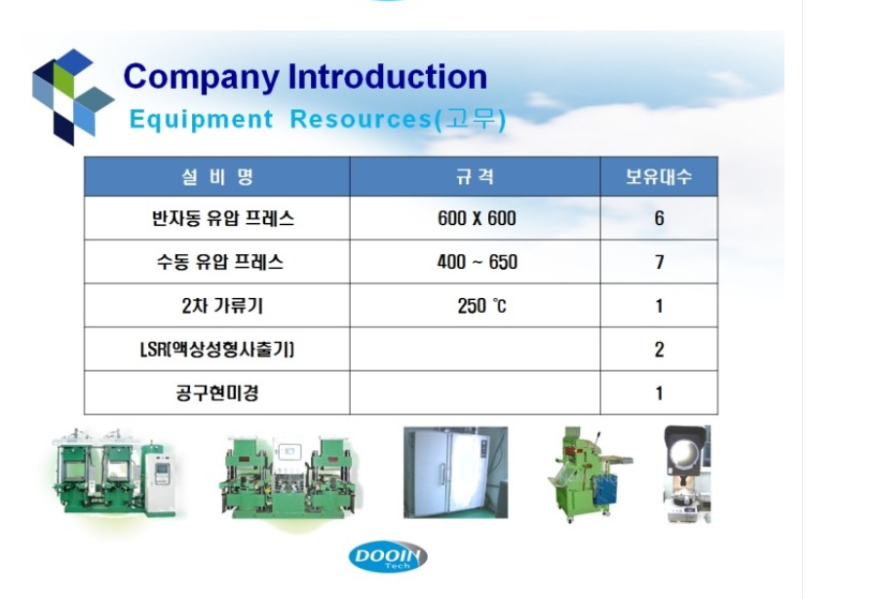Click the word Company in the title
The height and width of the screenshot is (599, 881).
(x=201, y=78)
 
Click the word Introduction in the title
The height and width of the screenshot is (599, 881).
(x=388, y=76)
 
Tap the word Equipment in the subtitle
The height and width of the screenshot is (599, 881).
(x=201, y=120)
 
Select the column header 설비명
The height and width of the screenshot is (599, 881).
(x=217, y=177)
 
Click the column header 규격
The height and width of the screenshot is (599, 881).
(x=476, y=177)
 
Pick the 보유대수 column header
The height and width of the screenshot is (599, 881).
(x=659, y=177)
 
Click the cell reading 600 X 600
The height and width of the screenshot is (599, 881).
(x=477, y=218)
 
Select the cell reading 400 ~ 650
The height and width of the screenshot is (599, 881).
(x=477, y=262)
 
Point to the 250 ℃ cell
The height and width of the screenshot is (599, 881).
(x=481, y=306)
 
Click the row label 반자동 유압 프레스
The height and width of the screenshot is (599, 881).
(x=222, y=218)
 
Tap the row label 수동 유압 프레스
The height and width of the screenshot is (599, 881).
(x=219, y=262)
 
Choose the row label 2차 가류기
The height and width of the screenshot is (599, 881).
(x=222, y=306)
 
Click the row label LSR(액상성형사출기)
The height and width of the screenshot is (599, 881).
(x=217, y=350)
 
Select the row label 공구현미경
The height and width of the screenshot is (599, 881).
(x=217, y=393)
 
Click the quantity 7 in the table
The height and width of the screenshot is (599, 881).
(x=659, y=262)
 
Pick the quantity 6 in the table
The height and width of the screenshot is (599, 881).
(x=659, y=218)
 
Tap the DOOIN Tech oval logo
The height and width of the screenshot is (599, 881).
(x=388, y=557)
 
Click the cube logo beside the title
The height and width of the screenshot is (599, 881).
(x=73, y=96)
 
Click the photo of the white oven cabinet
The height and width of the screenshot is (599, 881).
(x=456, y=472)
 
